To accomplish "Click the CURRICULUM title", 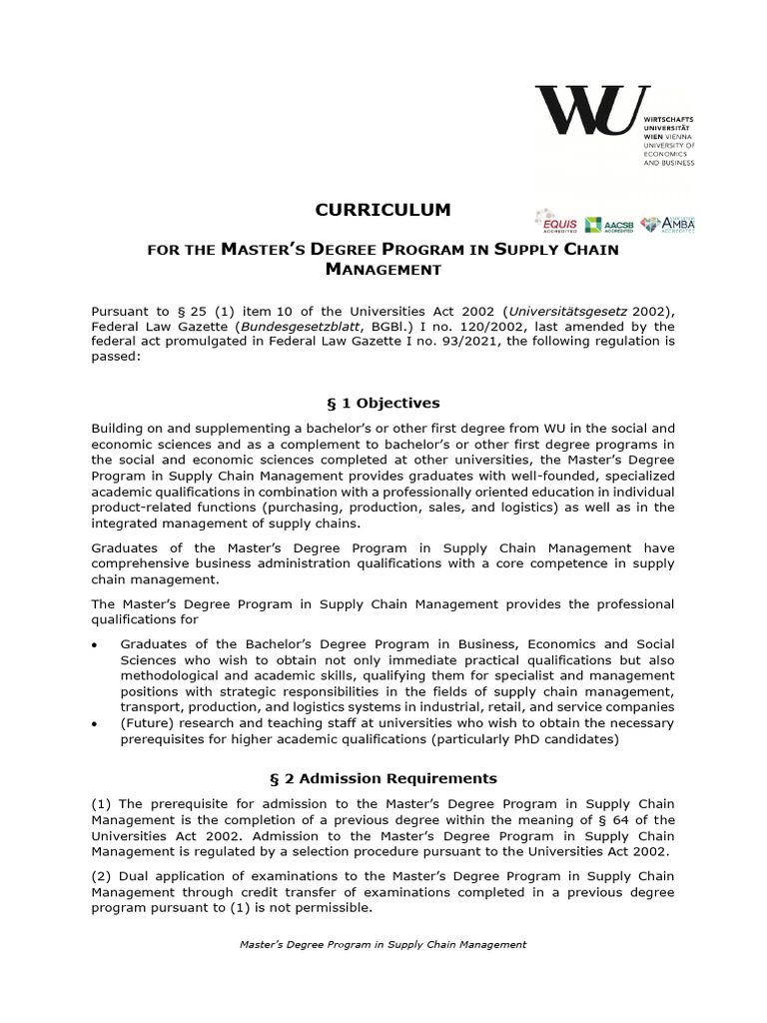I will [383, 210].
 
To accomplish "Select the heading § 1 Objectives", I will [383, 403].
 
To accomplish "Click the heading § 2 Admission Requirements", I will [383, 778].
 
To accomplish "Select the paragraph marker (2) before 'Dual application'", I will [102, 876].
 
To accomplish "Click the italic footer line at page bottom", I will [383, 944].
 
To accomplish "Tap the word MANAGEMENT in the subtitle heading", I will [383, 269].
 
